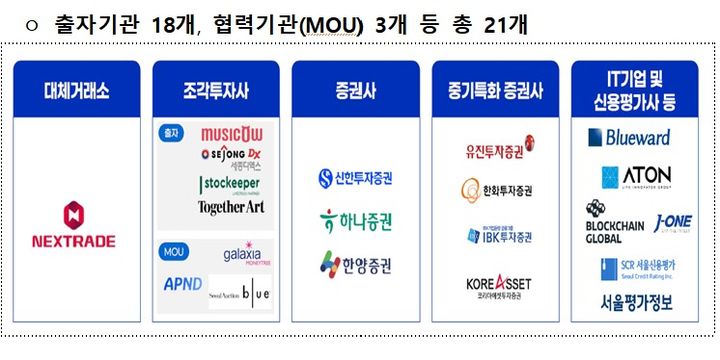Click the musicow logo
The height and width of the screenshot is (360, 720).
(x=232, y=134)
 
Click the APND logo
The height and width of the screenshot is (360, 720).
(x=183, y=283)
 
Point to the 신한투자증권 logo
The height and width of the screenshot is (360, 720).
(x=355, y=179)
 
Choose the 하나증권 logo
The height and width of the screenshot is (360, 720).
(x=355, y=219)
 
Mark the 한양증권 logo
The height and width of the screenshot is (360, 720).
(x=355, y=263)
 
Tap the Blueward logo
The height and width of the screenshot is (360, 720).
(x=636, y=137)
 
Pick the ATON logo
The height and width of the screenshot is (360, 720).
(x=636, y=178)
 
